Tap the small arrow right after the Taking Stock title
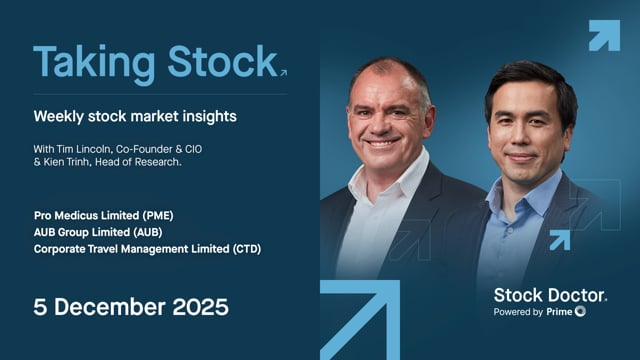point(283,72)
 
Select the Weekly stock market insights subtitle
point(135,116)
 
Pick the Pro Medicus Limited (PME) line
point(105,213)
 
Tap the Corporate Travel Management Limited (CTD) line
point(147,247)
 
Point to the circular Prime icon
point(580,312)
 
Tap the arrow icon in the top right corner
point(603,35)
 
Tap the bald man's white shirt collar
point(380,185)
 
